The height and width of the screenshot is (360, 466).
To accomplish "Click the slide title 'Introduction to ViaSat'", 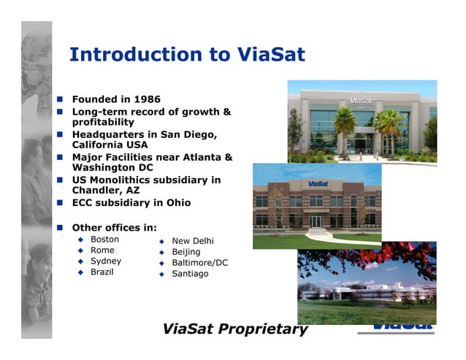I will click(186, 55).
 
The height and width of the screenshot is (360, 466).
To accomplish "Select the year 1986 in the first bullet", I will click(146, 99).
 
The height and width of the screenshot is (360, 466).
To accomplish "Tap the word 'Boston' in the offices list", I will click(104, 240).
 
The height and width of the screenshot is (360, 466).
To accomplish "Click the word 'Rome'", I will click(102, 250).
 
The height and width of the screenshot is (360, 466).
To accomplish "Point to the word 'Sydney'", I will click(106, 261).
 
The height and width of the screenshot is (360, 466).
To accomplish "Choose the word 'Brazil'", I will click(102, 272).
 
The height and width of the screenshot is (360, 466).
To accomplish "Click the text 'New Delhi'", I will click(193, 241).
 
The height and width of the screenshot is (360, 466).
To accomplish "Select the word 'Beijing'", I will click(186, 252).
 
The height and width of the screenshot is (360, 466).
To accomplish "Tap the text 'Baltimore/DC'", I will click(199, 263).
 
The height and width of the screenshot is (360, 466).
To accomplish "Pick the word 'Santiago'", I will click(190, 274).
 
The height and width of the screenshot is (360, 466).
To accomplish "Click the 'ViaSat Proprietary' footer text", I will click(235, 329).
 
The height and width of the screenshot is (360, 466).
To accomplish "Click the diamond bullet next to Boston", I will click(81, 240).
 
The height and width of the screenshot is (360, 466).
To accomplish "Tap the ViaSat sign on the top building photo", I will click(361, 100).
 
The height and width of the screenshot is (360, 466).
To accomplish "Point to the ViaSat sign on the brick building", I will click(316, 183).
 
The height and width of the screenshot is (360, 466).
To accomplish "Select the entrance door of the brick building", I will click(316, 221).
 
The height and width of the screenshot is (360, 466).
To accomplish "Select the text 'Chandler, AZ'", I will click(106, 191).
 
